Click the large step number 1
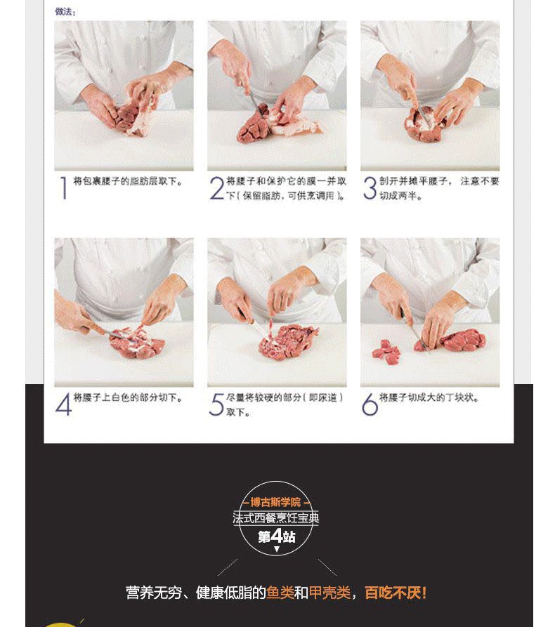(x=63, y=188)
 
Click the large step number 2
(x=217, y=188)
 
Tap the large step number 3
(x=370, y=188)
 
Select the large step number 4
(x=64, y=404)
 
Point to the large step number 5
(x=216, y=404)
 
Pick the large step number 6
(x=370, y=404)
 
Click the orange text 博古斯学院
(x=275, y=502)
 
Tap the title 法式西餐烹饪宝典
(x=276, y=518)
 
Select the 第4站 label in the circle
(x=277, y=536)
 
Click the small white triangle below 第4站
(x=277, y=549)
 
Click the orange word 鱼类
(x=280, y=593)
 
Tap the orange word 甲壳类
(x=329, y=593)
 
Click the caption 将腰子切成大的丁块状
(x=429, y=397)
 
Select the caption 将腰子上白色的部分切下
(x=128, y=397)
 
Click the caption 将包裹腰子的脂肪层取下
(x=128, y=181)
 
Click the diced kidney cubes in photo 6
(x=386, y=350)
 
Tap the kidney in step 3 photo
(x=425, y=124)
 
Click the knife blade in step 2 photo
(x=256, y=103)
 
